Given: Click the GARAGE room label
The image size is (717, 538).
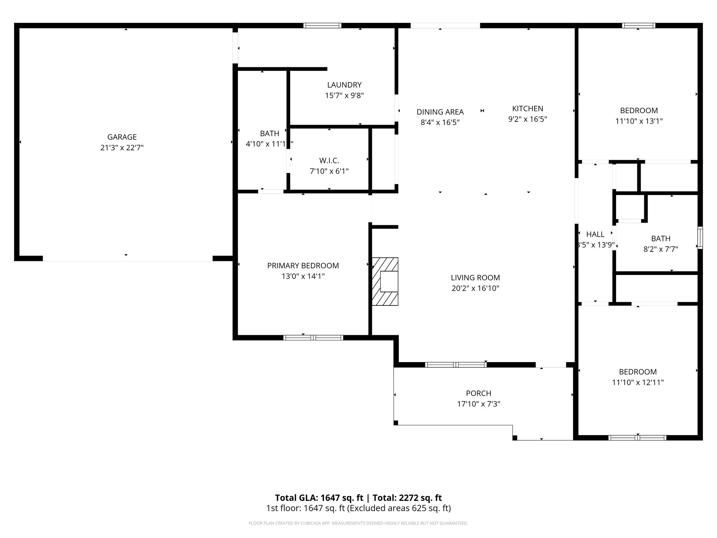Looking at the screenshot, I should pyautogui.click(x=122, y=137).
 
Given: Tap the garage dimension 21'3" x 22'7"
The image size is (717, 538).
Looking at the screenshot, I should pyautogui.click(x=122, y=148).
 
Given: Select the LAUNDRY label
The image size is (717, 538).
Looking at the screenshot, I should pyautogui.click(x=344, y=85).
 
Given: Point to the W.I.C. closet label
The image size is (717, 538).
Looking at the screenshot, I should pyautogui.click(x=329, y=161).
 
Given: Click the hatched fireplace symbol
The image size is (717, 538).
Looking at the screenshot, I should pyautogui.click(x=385, y=282).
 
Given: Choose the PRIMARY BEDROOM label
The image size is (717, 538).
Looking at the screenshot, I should pyautogui.click(x=303, y=265).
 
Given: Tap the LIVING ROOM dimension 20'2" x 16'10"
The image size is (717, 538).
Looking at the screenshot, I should pyautogui.click(x=475, y=288).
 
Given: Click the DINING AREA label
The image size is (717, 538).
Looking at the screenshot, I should pyautogui.click(x=440, y=112).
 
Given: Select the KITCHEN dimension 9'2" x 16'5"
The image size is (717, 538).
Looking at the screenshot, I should pyautogui.click(x=527, y=119).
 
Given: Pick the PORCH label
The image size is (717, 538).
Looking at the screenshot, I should pyautogui.click(x=478, y=393).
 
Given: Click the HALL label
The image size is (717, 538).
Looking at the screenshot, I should pyautogui.click(x=595, y=234).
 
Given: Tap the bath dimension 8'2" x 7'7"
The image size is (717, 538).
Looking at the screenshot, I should pyautogui.click(x=661, y=249).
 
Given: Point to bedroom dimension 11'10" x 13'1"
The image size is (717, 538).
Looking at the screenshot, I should pyautogui.click(x=639, y=121).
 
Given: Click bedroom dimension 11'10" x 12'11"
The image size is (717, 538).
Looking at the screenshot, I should pyautogui.click(x=638, y=382).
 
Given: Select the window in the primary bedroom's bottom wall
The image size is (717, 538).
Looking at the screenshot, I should pyautogui.click(x=313, y=338).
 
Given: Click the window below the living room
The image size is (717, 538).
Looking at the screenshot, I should pyautogui.click(x=455, y=365).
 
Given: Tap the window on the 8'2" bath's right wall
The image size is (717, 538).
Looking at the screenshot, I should pyautogui.click(x=700, y=237).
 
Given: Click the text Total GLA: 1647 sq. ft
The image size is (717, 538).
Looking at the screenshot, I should pyautogui.click(x=319, y=498).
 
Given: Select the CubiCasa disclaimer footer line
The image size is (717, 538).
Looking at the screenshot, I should pyautogui.click(x=358, y=523).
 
